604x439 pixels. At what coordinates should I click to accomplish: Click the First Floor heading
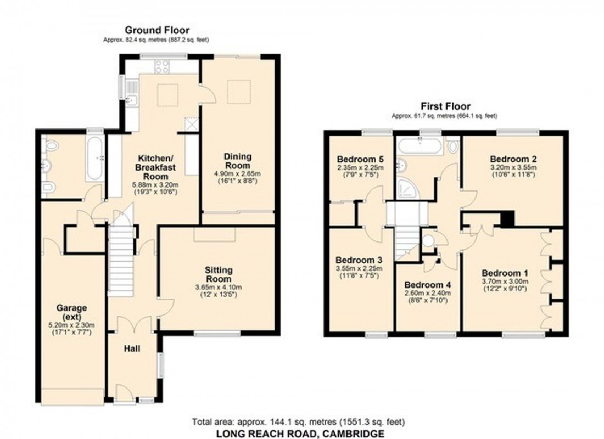(x=445, y=106)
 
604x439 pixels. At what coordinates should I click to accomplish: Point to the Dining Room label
(x=237, y=161)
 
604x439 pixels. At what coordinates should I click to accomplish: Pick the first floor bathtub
(x=420, y=146)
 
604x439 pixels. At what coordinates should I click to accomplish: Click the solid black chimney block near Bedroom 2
(x=508, y=219)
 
